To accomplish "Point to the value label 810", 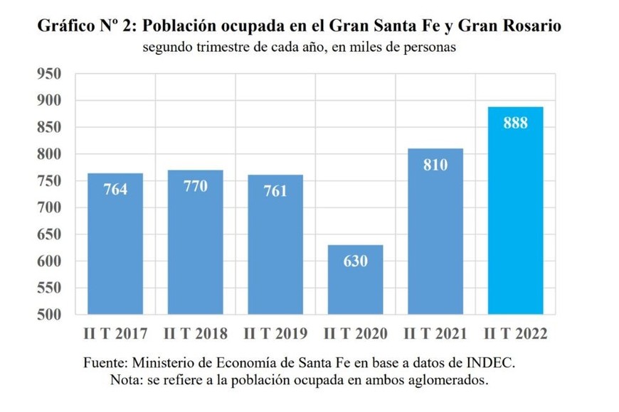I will click(x=435, y=166).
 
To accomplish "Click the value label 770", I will click(x=195, y=187).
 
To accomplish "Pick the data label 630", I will click(x=355, y=261).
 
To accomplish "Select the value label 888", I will click(x=515, y=124).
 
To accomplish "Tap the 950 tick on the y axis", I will click(x=49, y=75).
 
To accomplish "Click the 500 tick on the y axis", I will click(x=49, y=315).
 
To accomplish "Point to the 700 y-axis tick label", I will click(x=49, y=208).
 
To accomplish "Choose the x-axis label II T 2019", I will click(x=275, y=333).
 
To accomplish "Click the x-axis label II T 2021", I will click(x=435, y=333).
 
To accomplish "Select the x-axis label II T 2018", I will click(x=195, y=333).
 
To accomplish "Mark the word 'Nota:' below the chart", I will click(x=126, y=380).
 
